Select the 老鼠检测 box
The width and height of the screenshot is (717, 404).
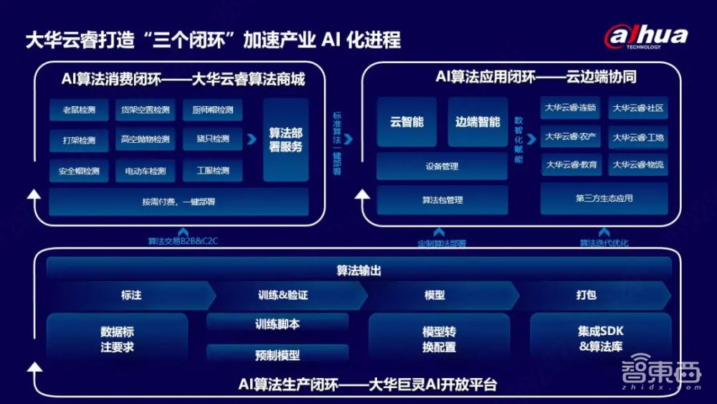click(x=79, y=110)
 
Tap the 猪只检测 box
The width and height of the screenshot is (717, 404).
click(x=212, y=139)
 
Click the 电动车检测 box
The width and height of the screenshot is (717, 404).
click(x=146, y=171)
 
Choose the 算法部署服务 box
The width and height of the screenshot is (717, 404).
click(x=285, y=140)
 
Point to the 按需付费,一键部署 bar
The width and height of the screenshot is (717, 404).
click(x=179, y=202)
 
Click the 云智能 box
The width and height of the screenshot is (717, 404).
click(x=407, y=122)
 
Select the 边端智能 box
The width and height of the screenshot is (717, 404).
click(x=478, y=122)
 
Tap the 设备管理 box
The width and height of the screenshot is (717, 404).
click(x=442, y=166)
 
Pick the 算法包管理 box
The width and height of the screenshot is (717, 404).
click(x=442, y=200)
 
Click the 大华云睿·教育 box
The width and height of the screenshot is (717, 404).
click(x=571, y=165)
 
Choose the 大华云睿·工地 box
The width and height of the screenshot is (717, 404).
click(x=638, y=137)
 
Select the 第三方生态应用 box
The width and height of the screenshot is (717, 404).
click(x=604, y=198)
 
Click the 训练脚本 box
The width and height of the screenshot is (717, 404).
click(x=277, y=324)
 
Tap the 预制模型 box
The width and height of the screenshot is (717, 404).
click(x=277, y=354)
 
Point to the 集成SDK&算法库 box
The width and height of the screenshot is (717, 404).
click(x=600, y=339)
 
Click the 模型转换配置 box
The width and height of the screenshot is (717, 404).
click(x=439, y=339)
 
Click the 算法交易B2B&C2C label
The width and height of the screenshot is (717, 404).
click(x=183, y=241)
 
